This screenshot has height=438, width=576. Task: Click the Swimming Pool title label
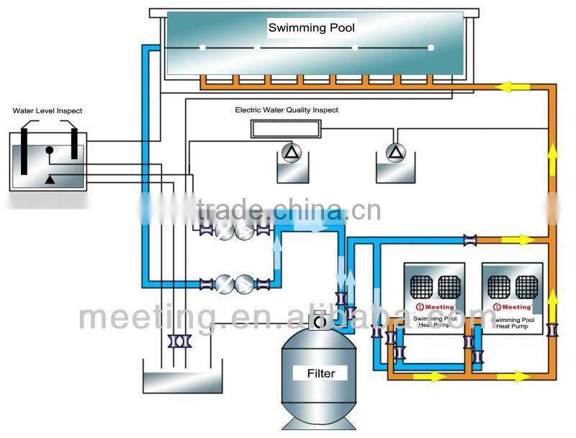[311, 28]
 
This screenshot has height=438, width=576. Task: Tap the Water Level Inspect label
[48, 111]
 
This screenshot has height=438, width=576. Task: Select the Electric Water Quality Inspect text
[286, 110]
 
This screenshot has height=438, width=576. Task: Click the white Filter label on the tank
[320, 373]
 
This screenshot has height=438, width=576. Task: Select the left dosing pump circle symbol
[290, 151]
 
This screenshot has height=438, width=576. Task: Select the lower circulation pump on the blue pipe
[234, 283]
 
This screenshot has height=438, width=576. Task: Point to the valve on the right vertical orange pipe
[552, 331]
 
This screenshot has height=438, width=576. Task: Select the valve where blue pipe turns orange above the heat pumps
[470, 239]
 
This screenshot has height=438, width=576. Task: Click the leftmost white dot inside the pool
[203, 48]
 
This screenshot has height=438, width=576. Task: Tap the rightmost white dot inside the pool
[431, 48]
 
